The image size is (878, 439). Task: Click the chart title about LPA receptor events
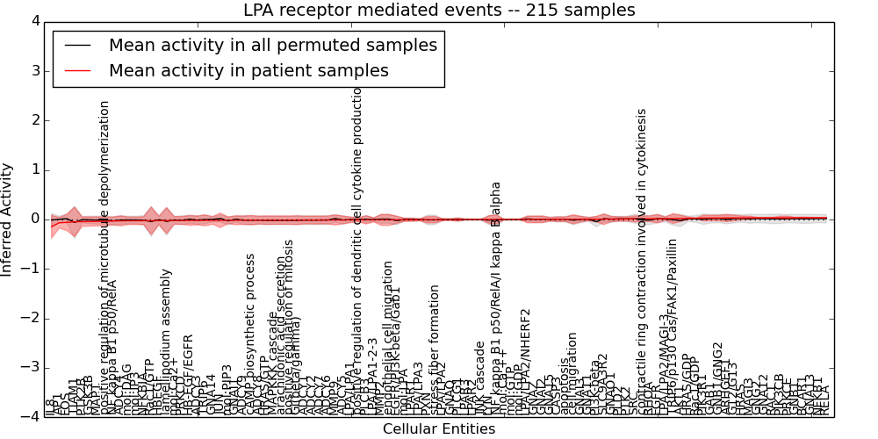[439, 10]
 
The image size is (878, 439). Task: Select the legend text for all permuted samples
[272, 45]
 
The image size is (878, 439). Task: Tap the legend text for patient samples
[248, 70]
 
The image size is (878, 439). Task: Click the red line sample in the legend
[79, 71]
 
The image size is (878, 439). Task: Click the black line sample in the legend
[79, 46]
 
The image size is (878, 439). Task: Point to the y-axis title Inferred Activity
[8, 219]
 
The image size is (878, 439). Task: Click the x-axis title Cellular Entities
[439, 428]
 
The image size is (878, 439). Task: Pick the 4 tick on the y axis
[34, 21]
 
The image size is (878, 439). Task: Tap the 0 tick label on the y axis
[34, 219]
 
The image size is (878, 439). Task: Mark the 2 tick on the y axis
[34, 120]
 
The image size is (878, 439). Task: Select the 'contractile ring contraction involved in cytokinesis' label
[642, 255]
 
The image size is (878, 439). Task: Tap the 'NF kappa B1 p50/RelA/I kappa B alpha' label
[496, 290]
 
